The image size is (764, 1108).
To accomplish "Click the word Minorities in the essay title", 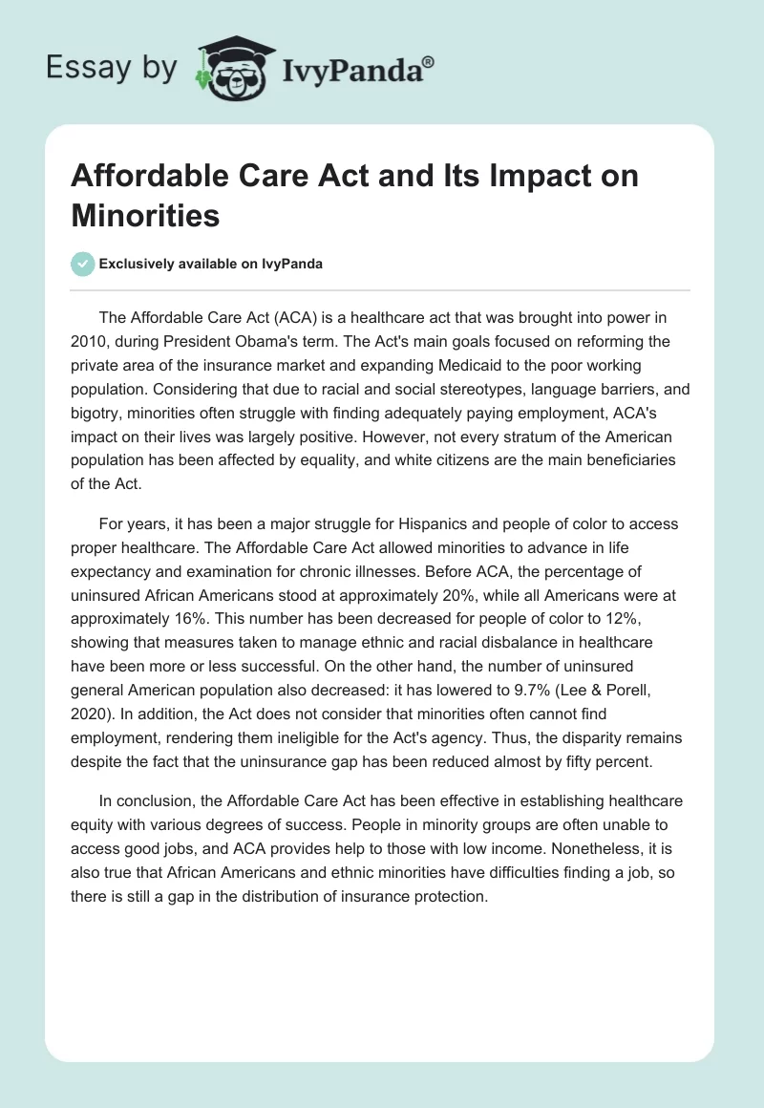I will point(145,215).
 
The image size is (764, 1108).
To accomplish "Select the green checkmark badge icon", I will point(83,264).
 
